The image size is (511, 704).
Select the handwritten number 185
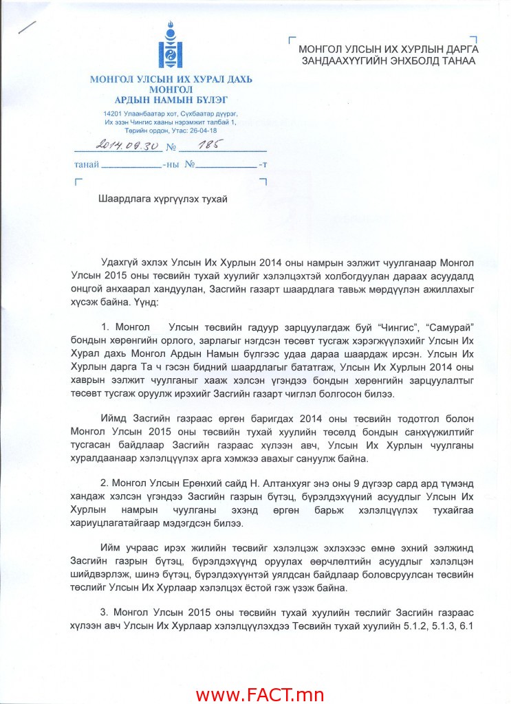tap(209, 145)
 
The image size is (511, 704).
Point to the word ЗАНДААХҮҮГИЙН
tap(336, 60)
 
